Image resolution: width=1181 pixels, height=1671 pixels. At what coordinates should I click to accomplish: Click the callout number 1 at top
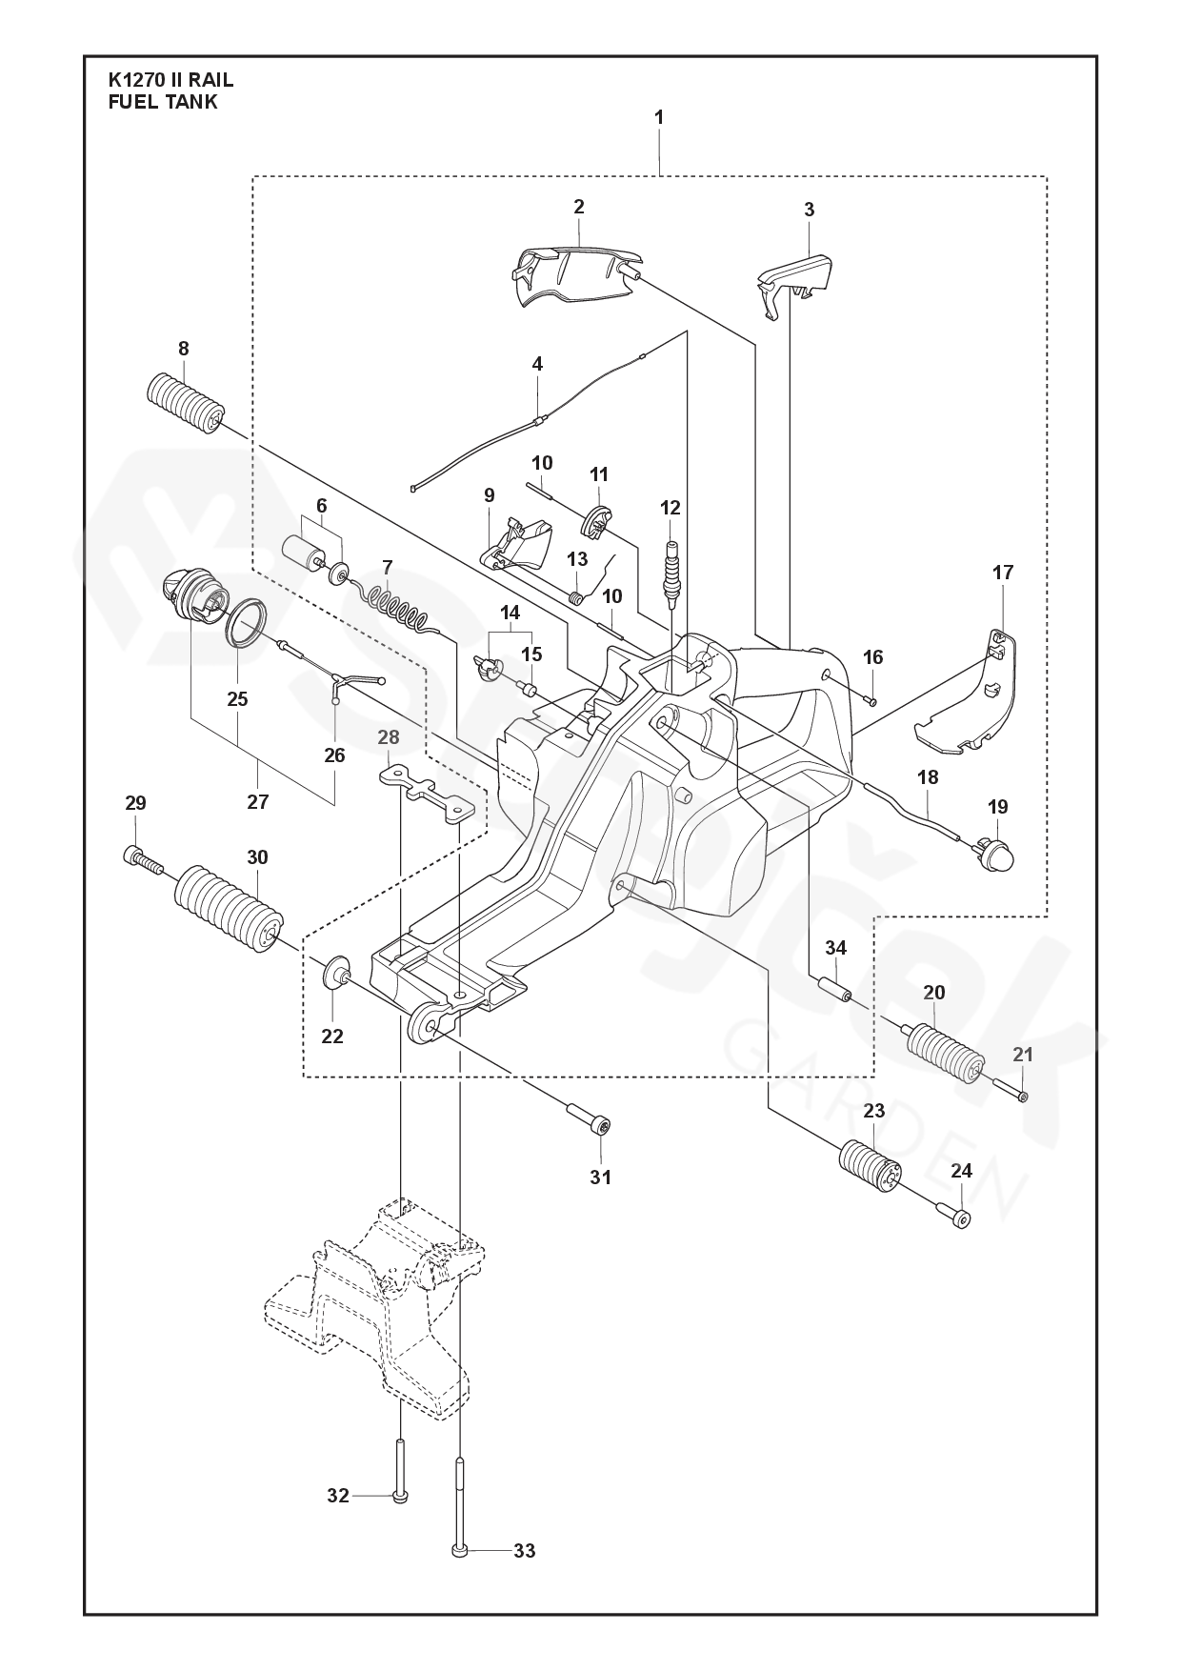[659, 118]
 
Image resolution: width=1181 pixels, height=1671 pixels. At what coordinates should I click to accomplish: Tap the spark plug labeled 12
[671, 574]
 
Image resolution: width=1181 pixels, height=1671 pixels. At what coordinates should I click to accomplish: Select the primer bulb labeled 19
[996, 851]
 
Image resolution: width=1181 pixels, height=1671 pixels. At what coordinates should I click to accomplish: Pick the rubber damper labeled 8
[186, 406]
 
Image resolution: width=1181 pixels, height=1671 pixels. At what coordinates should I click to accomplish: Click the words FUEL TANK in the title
[164, 102]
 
